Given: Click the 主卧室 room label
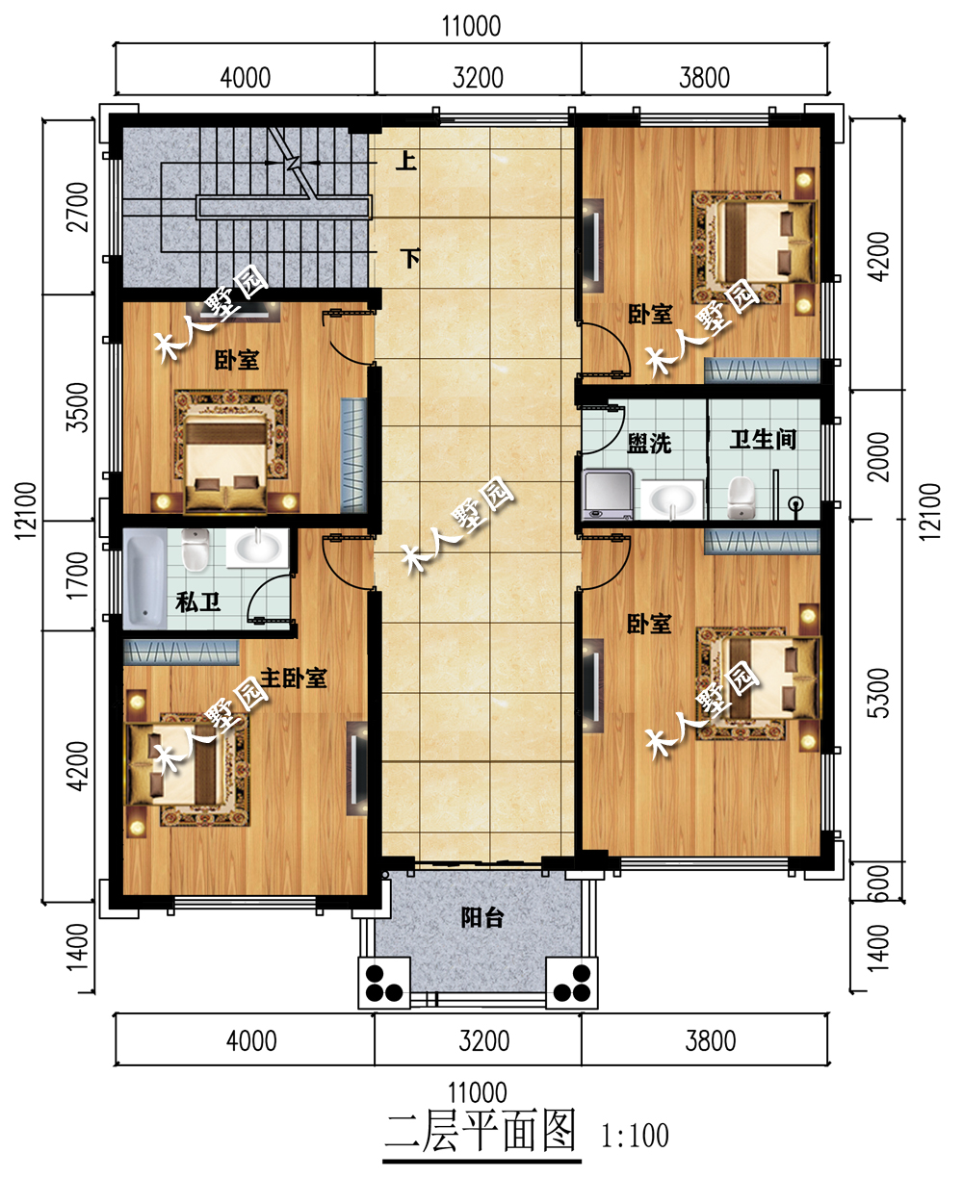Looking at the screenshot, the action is (x=294, y=679).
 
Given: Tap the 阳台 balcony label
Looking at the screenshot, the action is (x=482, y=917).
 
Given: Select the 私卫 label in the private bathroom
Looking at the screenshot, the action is (x=197, y=602).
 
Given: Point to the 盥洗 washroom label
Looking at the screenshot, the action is (x=649, y=444).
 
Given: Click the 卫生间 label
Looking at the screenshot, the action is (x=763, y=439).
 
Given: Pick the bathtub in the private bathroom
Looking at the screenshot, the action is (x=144, y=578).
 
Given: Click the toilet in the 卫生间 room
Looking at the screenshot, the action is (x=742, y=498).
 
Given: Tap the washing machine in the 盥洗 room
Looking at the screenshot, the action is (x=608, y=495).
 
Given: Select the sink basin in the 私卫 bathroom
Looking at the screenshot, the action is (x=258, y=548).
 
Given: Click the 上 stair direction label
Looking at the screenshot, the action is (x=406, y=161).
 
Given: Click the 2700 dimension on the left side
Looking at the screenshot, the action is (x=78, y=207).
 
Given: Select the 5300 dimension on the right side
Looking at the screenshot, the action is (x=878, y=693).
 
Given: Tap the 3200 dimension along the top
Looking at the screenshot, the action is (x=478, y=78).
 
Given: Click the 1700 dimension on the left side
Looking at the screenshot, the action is (x=78, y=576).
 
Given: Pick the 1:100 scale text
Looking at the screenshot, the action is (x=635, y=1136).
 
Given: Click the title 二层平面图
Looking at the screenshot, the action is (x=481, y=1131).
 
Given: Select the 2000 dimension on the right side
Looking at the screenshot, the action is (x=878, y=457).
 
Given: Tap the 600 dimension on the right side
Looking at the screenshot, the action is (x=879, y=883).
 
